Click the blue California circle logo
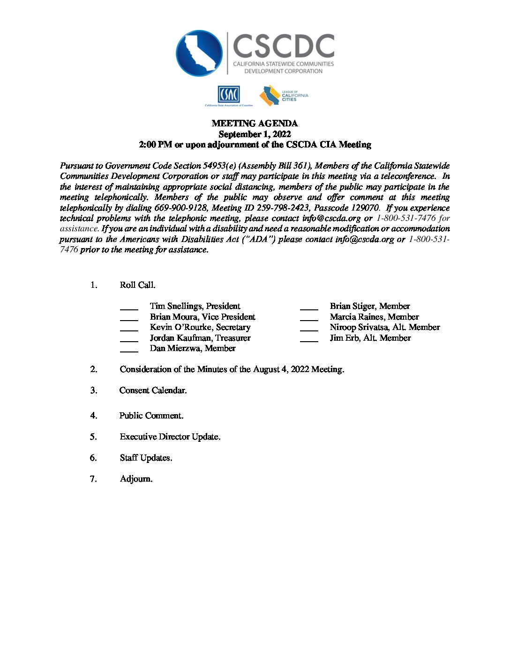point(199,53)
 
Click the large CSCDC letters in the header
point(283,46)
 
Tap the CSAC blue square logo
point(229,95)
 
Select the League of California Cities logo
point(284,95)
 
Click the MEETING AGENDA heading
point(255,124)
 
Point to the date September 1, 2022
point(255,134)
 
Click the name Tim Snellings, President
point(195,306)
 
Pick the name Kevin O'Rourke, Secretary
point(200,327)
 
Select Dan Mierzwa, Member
point(193,348)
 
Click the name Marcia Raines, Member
point(374,317)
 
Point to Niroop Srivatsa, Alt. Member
point(384,327)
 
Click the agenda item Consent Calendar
point(153,390)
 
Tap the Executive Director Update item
point(170,437)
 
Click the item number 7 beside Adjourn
point(93,479)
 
